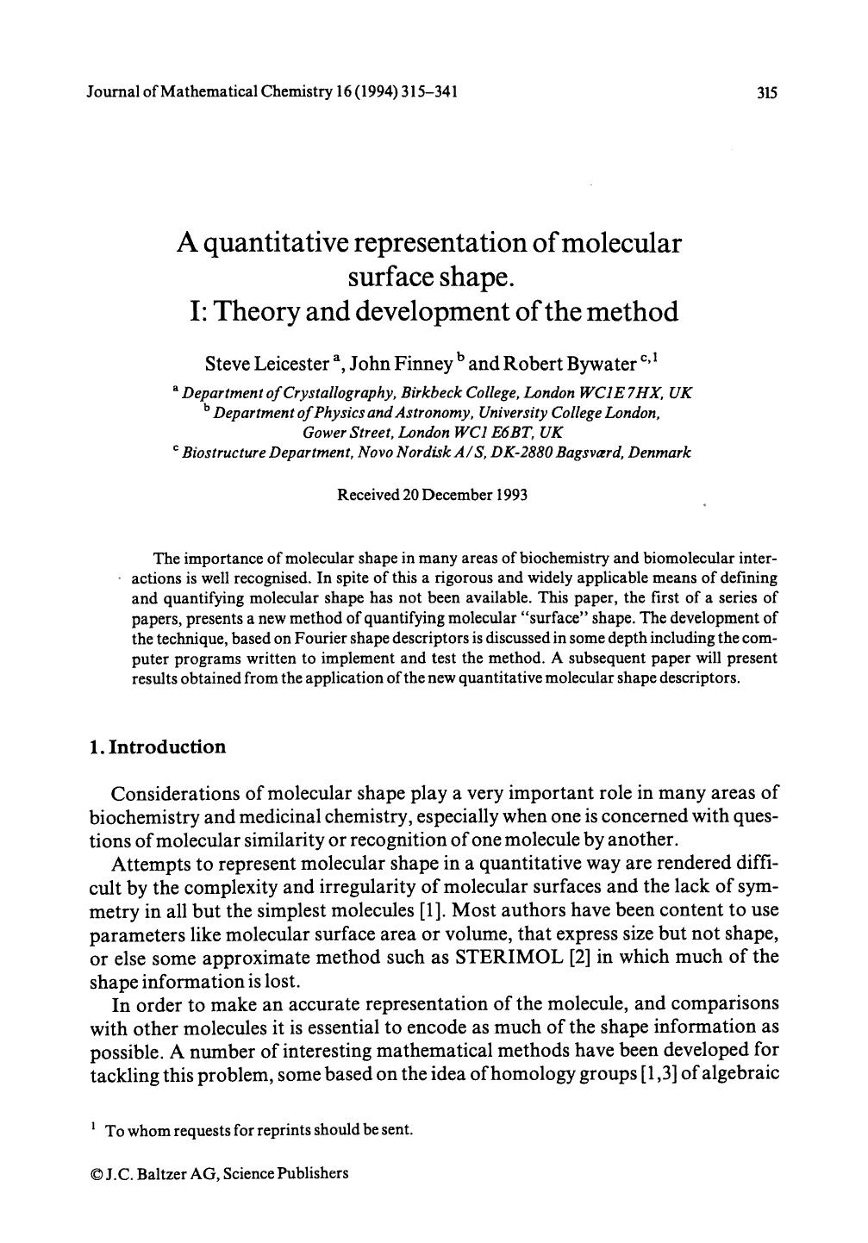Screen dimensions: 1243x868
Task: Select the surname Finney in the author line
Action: pos(422,364)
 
